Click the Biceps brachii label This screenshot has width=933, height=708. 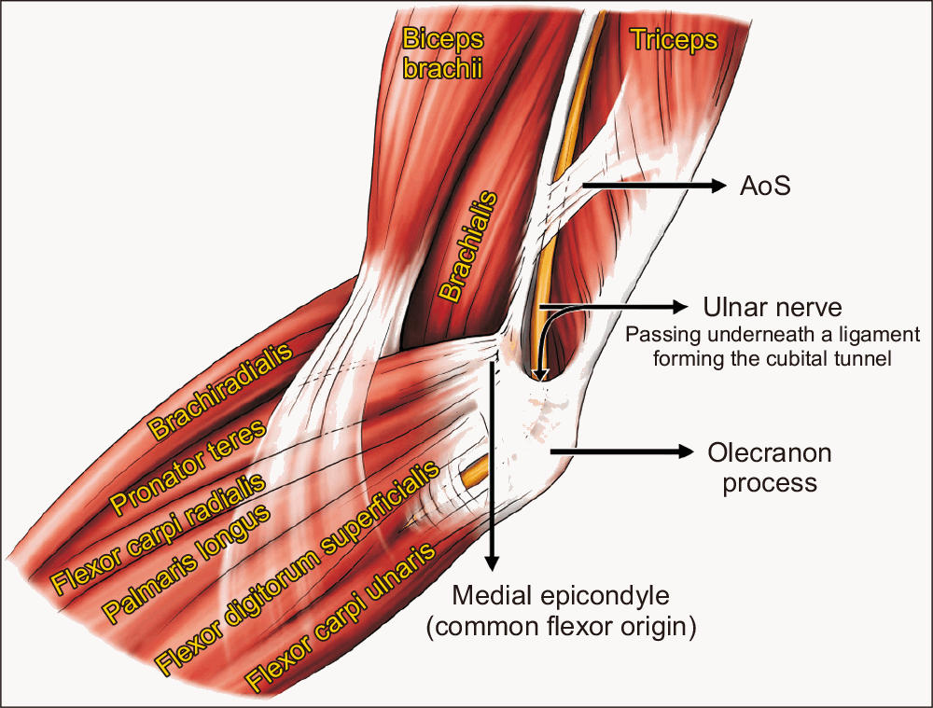pyautogui.click(x=442, y=53)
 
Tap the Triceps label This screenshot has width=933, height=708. pyautogui.click(x=675, y=40)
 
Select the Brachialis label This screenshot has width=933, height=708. pyautogui.click(x=468, y=246)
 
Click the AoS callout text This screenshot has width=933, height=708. pyautogui.click(x=765, y=187)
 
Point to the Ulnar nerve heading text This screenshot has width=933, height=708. pyautogui.click(x=773, y=308)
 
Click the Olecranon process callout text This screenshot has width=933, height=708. pyautogui.click(x=770, y=467)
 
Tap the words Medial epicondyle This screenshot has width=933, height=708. pyautogui.click(x=561, y=595)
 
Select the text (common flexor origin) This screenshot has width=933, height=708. pyautogui.click(x=561, y=627)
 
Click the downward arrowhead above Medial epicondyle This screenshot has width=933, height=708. pyautogui.click(x=492, y=563)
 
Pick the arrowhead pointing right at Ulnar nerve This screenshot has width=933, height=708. pyautogui.click(x=680, y=307)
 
